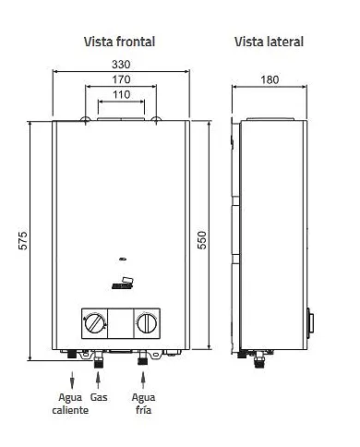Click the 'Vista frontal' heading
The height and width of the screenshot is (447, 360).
click(119, 42)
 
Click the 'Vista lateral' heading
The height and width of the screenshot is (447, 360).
click(269, 42)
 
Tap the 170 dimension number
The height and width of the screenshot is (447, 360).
click(120, 80)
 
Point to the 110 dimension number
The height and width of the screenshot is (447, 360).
click(120, 95)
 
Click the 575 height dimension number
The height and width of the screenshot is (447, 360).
click(25, 240)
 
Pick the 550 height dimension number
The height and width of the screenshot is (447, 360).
click(202, 240)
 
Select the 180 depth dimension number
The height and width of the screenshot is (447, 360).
click(270, 80)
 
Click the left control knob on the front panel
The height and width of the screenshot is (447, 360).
click(94, 323)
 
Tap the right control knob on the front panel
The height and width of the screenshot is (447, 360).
click(146, 323)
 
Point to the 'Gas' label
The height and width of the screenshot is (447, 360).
click(99, 395)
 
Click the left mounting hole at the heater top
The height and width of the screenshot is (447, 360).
click(86, 120)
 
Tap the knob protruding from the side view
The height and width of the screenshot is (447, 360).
click(311, 325)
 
